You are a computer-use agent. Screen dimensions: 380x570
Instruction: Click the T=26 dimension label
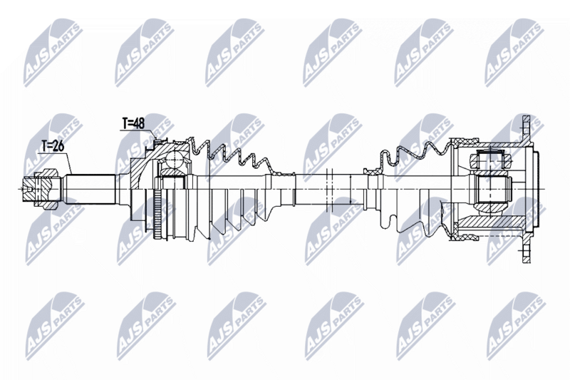52,147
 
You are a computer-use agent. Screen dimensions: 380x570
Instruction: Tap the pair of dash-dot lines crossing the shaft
328,187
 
